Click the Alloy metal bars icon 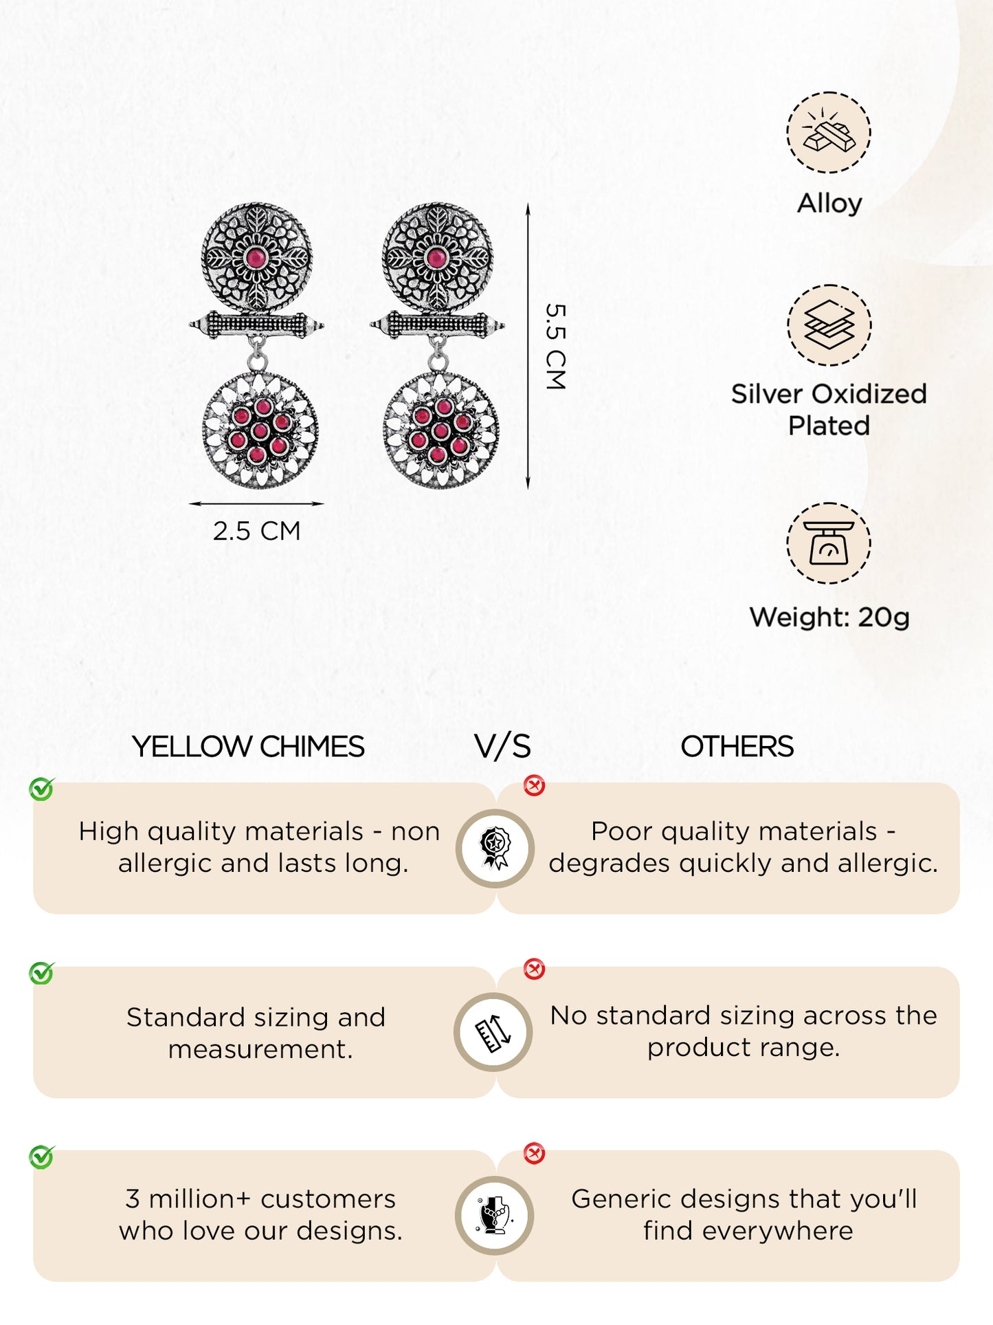tap(829, 131)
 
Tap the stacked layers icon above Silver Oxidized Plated tap(829, 325)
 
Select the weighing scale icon tap(829, 543)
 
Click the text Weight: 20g tap(829, 617)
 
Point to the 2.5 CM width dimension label tap(256, 531)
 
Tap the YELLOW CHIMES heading tap(248, 746)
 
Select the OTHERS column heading tap(737, 746)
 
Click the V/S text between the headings tap(502, 746)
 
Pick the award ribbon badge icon tap(495, 848)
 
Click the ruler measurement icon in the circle tap(493, 1032)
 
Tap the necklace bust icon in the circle tap(494, 1215)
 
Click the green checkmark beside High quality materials tap(42, 789)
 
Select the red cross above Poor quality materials tap(534, 785)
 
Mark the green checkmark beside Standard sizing tap(42, 973)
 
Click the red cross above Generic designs tap(534, 1153)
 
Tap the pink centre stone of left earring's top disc tap(256, 259)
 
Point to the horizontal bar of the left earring tap(256, 324)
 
